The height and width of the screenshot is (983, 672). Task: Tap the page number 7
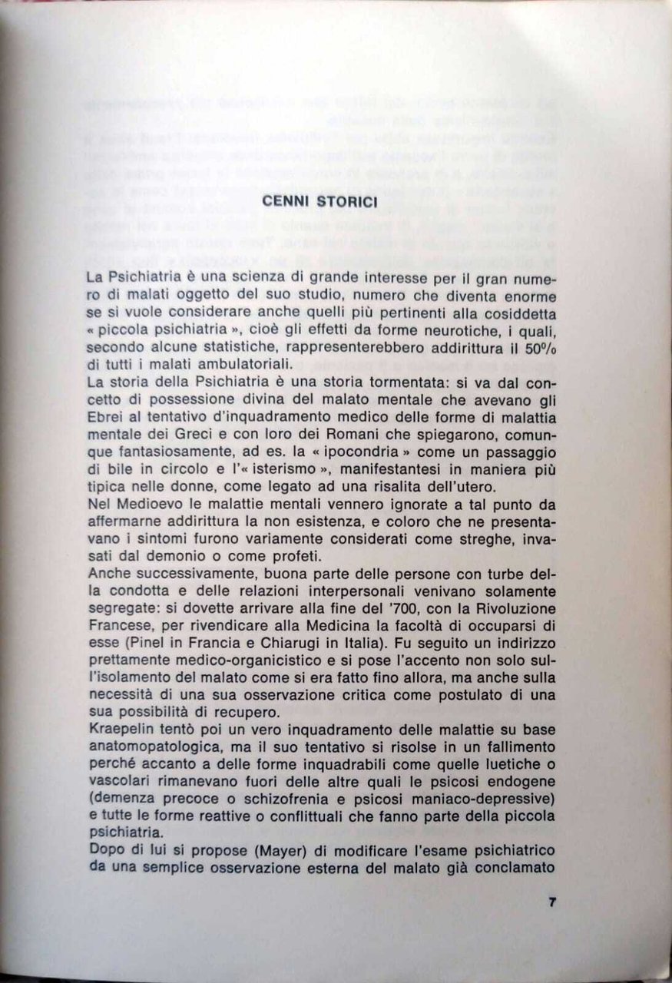[551, 902]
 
